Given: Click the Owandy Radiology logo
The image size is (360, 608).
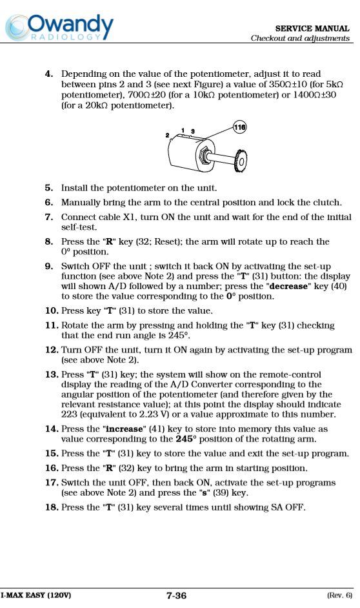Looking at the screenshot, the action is tap(59, 28).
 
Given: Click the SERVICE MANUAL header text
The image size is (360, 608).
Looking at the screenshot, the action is tap(312, 28).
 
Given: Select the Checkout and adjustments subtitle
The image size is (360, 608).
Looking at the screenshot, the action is tap(300, 38).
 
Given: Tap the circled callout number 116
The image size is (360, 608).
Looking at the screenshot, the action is tap(240, 127).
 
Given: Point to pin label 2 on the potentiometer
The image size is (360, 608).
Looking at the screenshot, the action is tap(167, 136).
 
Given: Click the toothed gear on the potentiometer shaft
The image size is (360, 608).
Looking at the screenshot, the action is tap(241, 161).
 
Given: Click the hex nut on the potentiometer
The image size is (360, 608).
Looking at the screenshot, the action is tap(205, 156).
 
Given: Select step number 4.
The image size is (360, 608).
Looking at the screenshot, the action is tap(49, 74).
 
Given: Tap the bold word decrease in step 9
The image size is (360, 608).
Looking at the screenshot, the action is tap(288, 286).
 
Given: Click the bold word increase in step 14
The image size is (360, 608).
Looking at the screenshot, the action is tap(125, 429).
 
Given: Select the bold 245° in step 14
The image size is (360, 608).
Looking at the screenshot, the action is tap(186, 439).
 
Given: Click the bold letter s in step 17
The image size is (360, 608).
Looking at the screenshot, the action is tap(205, 493).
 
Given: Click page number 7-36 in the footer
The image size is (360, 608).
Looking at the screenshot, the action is tap(176, 596).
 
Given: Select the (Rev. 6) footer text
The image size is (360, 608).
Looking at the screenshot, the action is tap(340, 595).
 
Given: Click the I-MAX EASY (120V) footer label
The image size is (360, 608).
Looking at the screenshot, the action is tap(35, 595).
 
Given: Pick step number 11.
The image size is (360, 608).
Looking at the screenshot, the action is tap(52, 325).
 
